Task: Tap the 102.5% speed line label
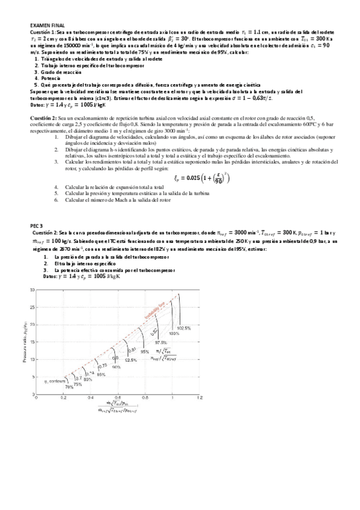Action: point(184,328)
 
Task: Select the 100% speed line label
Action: point(174,333)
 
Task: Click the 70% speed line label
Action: point(69,387)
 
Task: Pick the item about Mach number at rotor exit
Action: point(114,200)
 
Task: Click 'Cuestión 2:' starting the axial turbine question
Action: point(44,119)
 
